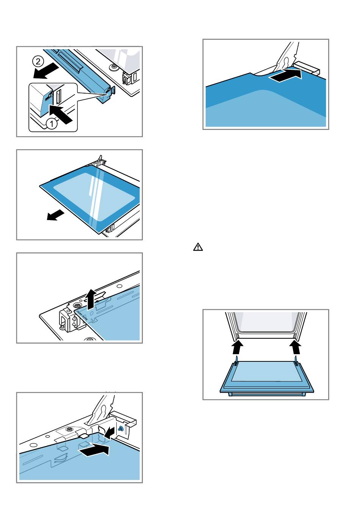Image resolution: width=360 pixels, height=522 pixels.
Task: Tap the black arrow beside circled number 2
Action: click(x=46, y=71)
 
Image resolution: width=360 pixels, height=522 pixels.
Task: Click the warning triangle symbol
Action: click(x=198, y=247)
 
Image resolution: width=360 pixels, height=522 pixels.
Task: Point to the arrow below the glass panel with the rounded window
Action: click(x=54, y=215)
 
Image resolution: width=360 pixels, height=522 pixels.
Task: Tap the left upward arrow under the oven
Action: click(x=238, y=347)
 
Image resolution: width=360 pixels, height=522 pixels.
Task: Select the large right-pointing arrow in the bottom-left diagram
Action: click(x=94, y=450)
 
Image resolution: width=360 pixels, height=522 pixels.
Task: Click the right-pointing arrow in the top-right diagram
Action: click(x=285, y=76)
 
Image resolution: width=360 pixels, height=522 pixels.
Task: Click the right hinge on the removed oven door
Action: click(x=296, y=361)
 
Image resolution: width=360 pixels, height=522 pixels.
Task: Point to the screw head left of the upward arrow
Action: click(x=77, y=306)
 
